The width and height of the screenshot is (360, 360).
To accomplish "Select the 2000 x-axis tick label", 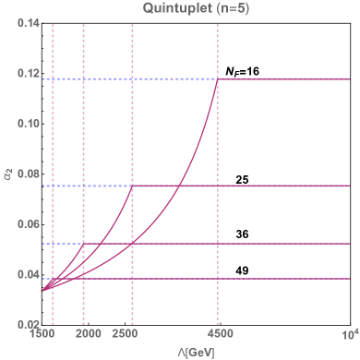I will pyautogui.click(x=85, y=334).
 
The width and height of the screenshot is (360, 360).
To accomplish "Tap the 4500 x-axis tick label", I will pyautogui.click(x=218, y=334).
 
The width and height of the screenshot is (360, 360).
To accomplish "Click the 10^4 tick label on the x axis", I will pyautogui.click(x=350, y=332).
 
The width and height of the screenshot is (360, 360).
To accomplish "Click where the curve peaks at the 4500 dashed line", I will pyautogui.click(x=218, y=79).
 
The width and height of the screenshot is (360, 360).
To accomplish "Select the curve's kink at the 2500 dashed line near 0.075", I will pyautogui.click(x=134, y=186).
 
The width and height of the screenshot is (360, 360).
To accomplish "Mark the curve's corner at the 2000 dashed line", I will pyautogui.click(x=84, y=245).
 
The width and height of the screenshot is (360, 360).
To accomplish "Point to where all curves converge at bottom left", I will pyautogui.click(x=42, y=291).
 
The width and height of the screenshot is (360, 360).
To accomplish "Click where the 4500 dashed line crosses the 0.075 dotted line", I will pyautogui.click(x=218, y=186).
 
